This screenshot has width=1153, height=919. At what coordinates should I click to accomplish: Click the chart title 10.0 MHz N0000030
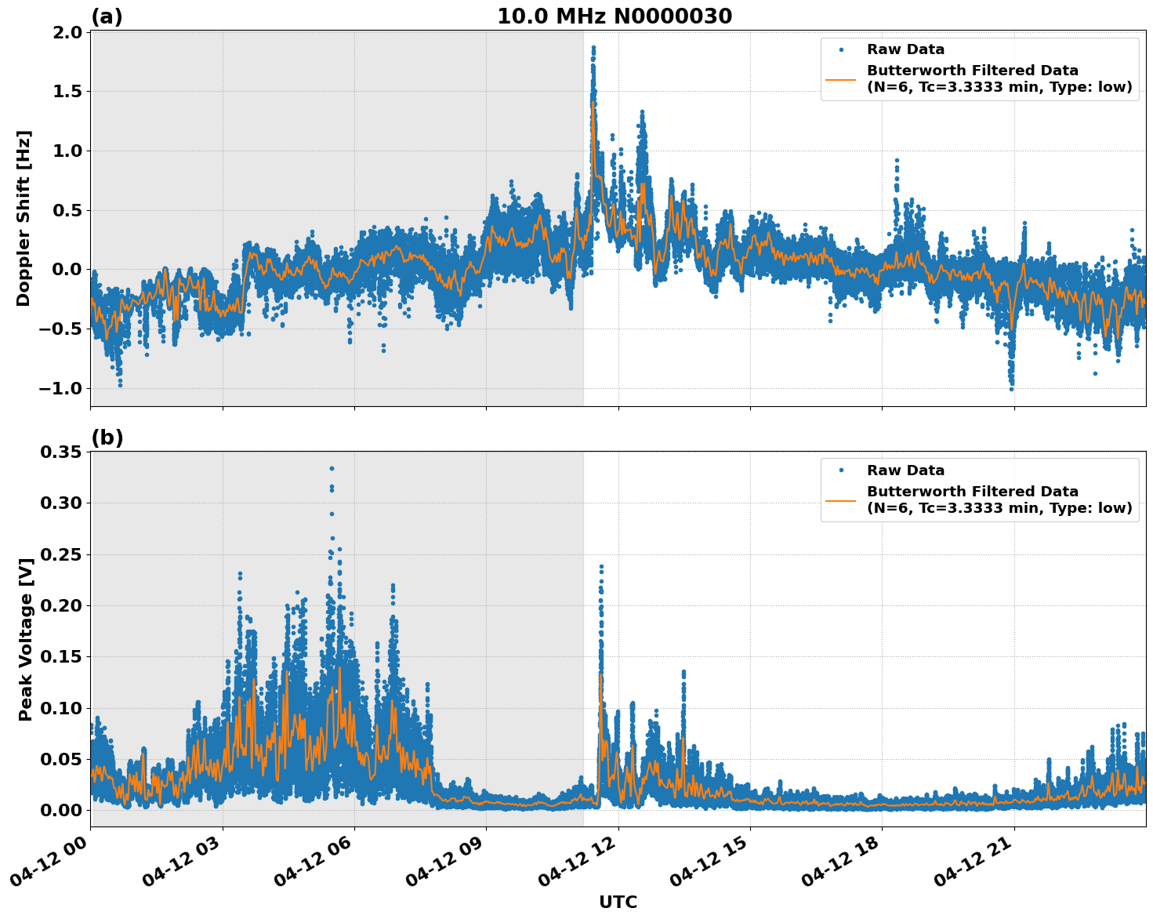pyautogui.click(x=615, y=16)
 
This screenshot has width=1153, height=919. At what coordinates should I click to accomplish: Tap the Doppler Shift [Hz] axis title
pyautogui.click(x=24, y=218)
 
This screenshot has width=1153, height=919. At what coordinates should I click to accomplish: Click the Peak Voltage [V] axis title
pyautogui.click(x=26, y=639)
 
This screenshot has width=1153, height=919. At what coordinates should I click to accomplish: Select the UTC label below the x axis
pyautogui.click(x=618, y=902)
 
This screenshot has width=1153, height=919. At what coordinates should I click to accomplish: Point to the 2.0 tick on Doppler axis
pyautogui.click(x=67, y=32)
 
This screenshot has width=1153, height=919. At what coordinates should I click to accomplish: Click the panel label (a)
pyautogui.click(x=107, y=16)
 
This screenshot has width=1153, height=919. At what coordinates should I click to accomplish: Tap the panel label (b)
pyautogui.click(x=107, y=438)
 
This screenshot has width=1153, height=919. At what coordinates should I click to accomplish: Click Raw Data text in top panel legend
pyautogui.click(x=905, y=49)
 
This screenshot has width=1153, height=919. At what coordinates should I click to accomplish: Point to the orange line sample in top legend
pyautogui.click(x=840, y=78)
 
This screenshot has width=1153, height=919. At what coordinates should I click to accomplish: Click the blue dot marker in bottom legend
pyautogui.click(x=840, y=470)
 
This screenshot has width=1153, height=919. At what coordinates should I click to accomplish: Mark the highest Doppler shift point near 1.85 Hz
pyautogui.click(x=593, y=48)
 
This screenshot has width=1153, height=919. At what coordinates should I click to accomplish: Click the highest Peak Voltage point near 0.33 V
pyautogui.click(x=332, y=468)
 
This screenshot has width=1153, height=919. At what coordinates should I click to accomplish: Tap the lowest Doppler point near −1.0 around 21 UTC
pyautogui.click(x=1011, y=388)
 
